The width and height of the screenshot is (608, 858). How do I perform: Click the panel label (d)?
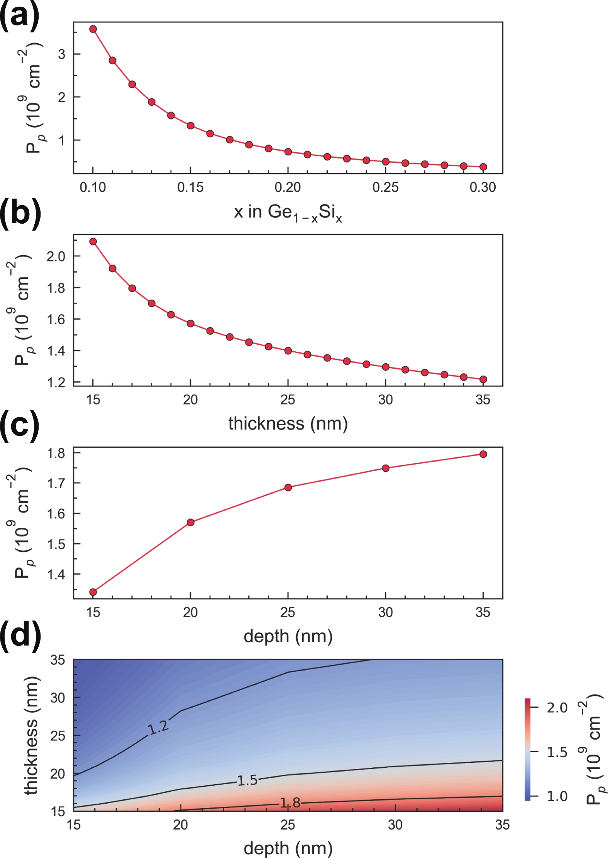pos(20,635)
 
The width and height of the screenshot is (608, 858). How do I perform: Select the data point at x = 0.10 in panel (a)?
pos(93,29)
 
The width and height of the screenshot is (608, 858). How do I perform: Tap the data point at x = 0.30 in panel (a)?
pos(483,167)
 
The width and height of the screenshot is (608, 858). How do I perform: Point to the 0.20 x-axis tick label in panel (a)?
pos(288,187)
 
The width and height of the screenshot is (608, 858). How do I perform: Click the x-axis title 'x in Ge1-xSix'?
pos(288,213)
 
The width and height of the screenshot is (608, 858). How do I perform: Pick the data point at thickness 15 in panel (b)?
pos(93,242)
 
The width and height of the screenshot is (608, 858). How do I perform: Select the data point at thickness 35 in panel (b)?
pos(483,379)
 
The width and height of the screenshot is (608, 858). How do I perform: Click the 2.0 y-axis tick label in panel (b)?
pos(56,256)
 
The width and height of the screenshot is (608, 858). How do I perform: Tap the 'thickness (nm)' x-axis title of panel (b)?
pos(288,424)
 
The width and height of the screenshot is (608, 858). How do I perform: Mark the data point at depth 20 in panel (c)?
pos(190,523)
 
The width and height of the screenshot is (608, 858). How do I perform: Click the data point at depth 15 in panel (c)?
pos(93,592)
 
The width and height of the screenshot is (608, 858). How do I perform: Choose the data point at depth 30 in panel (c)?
pos(385,468)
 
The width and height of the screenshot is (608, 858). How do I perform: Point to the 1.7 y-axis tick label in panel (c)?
pos(56,483)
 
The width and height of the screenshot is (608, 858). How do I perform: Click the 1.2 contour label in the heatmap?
pos(158,728)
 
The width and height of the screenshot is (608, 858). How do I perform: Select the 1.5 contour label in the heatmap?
pos(247,780)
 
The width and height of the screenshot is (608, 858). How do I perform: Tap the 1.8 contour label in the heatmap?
pos(290,803)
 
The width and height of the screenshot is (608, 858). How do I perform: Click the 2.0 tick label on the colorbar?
pos(557,708)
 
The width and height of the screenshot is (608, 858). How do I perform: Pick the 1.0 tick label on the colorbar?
pos(557,796)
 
